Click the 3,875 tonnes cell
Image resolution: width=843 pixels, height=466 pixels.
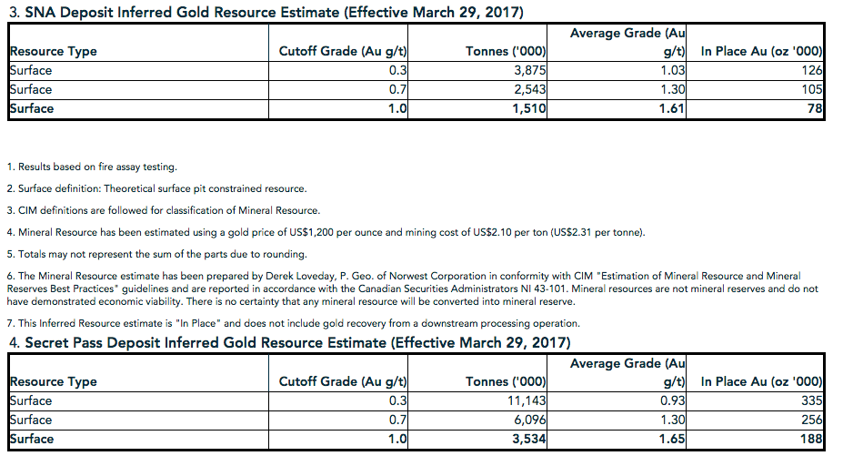[528, 70]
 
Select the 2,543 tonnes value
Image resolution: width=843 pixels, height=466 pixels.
[528, 89]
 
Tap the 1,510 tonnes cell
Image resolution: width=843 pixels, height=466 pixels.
[527, 108]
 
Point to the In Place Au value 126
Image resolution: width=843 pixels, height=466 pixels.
[812, 70]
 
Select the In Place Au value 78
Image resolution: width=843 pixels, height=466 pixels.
[816, 108]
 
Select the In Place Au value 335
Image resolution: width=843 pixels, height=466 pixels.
[812, 400]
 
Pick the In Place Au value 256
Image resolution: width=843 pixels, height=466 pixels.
[812, 420]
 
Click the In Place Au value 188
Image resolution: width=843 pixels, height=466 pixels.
[812, 439]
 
